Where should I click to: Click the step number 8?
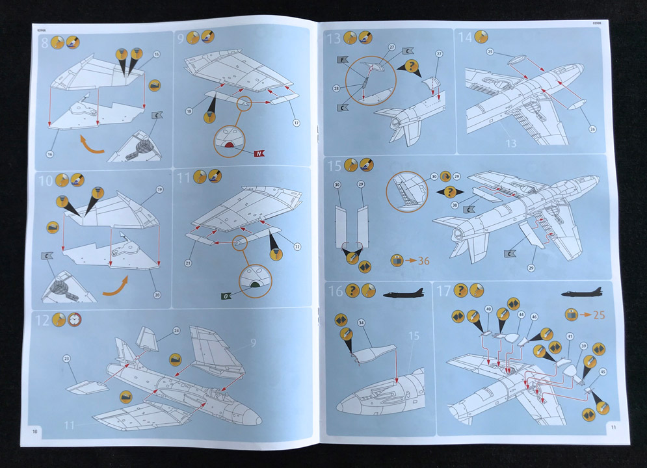pyautogui.click(x=45, y=44)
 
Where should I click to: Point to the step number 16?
pyautogui.click(x=336, y=291)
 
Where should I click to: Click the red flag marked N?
pyautogui.click(x=259, y=153)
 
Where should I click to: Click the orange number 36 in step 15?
pyautogui.click(x=424, y=261)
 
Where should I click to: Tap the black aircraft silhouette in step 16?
pyautogui.click(x=403, y=294)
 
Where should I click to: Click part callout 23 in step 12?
pyautogui.click(x=66, y=359)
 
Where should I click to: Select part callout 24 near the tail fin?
pyautogui.click(x=176, y=331)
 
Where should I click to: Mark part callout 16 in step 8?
pyautogui.click(x=49, y=153)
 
